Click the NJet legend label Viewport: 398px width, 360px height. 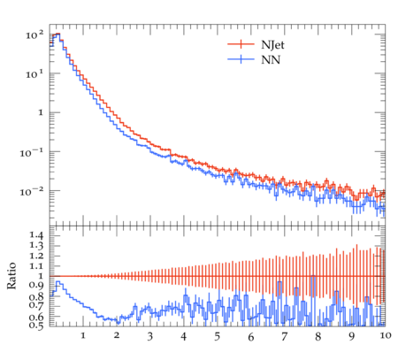tap(272, 45)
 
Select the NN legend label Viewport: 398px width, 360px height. tap(271, 60)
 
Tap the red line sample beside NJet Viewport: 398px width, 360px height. tap(241, 44)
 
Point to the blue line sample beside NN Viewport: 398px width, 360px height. tap(241, 59)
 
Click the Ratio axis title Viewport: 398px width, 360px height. tap(11, 275)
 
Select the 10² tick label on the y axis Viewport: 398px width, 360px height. tap(34, 35)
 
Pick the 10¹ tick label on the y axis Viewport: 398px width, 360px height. tap(34, 74)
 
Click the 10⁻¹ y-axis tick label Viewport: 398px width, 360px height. tap(31, 152)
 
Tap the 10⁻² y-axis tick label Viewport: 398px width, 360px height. tap(31, 192)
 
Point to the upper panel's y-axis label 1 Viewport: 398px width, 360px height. tap(41, 112)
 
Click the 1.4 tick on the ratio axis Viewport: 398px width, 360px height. tap(36, 235)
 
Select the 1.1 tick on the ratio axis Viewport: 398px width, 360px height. tap(36, 266)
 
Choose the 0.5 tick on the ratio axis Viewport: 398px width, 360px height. tap(36, 325)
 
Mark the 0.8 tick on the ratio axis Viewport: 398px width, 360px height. tap(36, 296)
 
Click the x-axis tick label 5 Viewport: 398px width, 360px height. tap(218, 336)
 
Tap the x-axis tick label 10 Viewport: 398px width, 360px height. tap(385, 335)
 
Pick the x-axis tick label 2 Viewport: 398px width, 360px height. tap(117, 335)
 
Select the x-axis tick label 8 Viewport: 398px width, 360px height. tap(318, 336)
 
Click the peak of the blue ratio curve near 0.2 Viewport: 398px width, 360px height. tap(58, 282)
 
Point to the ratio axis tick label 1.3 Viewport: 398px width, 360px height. tap(36, 245)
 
